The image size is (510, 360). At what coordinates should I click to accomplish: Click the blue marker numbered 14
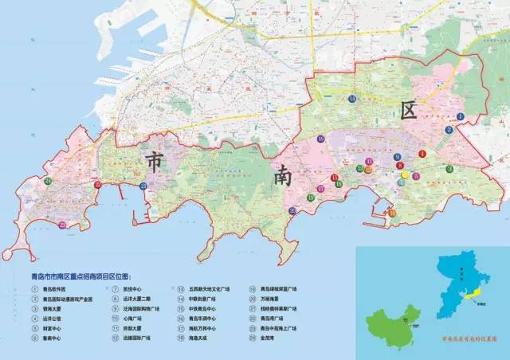click(x=351, y=98)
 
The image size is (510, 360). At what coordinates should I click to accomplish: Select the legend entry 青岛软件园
click(x=57, y=290)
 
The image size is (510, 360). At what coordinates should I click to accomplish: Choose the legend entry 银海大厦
click(x=54, y=309)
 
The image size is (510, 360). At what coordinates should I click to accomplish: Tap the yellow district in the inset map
click(x=473, y=295)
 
